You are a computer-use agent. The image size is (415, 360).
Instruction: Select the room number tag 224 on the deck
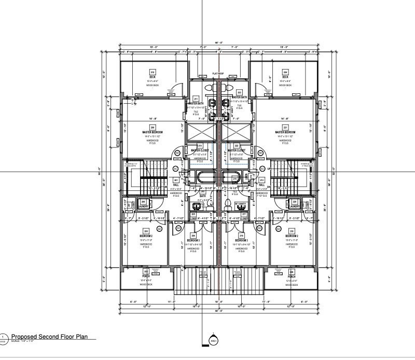click(x=285, y=72)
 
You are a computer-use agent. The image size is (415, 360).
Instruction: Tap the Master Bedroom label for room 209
click(x=153, y=133)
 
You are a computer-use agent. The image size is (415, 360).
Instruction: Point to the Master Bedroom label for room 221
click(x=285, y=133)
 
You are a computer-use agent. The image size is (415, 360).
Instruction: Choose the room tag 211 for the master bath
click(x=196, y=99)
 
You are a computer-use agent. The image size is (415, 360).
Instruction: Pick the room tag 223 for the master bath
click(x=239, y=93)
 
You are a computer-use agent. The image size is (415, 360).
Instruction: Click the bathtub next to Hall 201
click(x=204, y=176)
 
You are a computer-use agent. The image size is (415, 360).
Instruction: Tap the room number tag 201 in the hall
click(x=176, y=181)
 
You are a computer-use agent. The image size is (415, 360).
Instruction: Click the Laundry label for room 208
click(x=143, y=206)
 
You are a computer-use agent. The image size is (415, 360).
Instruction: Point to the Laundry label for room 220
click(x=294, y=206)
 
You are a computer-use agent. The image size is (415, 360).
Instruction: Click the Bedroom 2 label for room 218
click(x=292, y=237)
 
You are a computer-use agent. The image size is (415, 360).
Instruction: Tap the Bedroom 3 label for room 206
click(x=193, y=241)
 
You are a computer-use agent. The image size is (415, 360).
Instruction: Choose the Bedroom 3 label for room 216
click(x=241, y=241)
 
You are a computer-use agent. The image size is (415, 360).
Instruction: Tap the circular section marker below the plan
click(x=213, y=341)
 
